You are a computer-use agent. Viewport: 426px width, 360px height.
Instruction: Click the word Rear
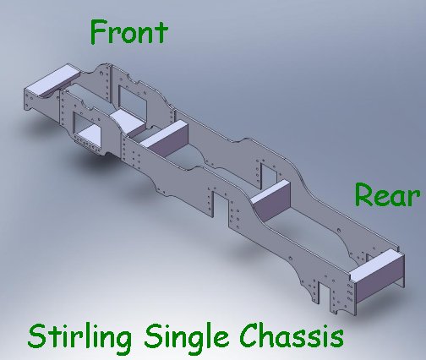click(387, 195)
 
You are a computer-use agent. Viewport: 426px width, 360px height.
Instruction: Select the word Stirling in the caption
click(79, 337)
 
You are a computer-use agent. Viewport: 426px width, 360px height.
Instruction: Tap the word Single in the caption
click(186, 337)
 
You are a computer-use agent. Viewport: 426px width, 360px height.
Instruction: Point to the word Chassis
click(292, 336)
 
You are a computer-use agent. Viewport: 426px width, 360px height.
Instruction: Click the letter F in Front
click(100, 32)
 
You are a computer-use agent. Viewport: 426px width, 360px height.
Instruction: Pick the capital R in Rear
click(364, 195)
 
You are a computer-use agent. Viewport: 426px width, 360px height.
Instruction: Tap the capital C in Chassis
click(249, 336)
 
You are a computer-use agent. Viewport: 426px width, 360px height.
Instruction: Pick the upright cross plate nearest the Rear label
click(270, 200)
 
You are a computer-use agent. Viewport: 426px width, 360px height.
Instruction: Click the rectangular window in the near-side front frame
click(87, 128)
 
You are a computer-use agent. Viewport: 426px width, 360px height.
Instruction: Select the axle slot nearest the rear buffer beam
click(324, 293)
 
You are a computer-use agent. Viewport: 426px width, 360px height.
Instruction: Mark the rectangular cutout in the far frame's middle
click(269, 176)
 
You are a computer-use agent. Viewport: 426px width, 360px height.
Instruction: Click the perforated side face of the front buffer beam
click(41, 104)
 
